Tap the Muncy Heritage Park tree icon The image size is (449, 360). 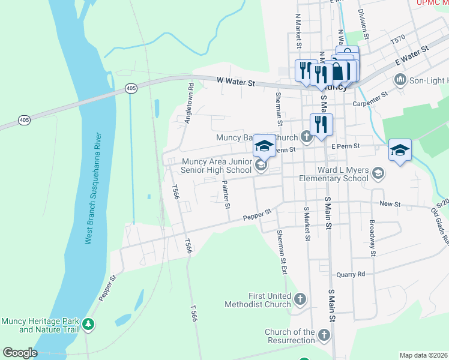point(89,325)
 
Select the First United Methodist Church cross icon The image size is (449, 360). point(300,298)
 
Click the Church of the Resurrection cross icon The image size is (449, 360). point(324,334)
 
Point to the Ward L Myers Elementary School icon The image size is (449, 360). point(378,173)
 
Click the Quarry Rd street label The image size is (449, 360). point(351,274)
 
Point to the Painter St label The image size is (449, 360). point(226,195)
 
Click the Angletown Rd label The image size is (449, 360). point(190,103)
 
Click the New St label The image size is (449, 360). point(390,204)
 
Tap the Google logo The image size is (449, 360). point(20,353)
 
